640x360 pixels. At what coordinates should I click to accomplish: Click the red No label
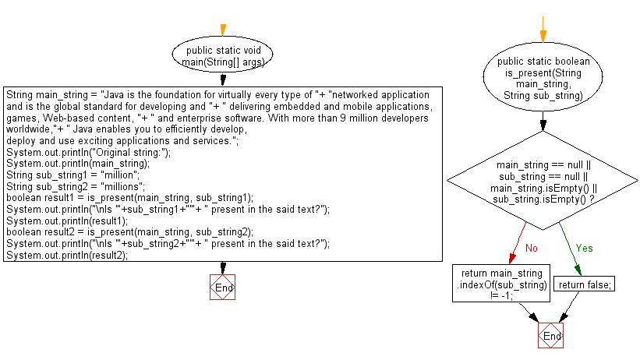(x=532, y=248)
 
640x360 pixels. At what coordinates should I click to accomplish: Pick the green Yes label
(x=584, y=248)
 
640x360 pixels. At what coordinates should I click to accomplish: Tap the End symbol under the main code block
(x=222, y=288)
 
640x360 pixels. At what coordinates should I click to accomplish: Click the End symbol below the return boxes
(x=550, y=336)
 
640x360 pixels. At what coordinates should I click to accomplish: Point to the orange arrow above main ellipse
(x=223, y=30)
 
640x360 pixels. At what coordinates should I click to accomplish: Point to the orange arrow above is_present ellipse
(x=543, y=30)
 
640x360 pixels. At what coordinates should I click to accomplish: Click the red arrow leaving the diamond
(x=518, y=243)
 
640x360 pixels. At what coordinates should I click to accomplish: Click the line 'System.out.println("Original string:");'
(x=89, y=152)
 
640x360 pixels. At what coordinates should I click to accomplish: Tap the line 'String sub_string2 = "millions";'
(x=76, y=186)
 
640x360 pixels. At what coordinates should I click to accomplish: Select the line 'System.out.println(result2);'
(x=67, y=255)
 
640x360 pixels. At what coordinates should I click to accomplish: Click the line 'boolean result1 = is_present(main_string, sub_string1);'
(x=130, y=198)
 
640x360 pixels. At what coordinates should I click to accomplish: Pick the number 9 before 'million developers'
(x=342, y=118)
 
